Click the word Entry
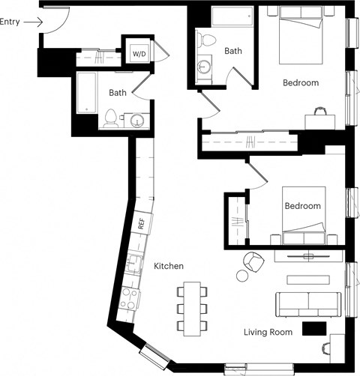(10, 22)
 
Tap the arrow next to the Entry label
(32, 22)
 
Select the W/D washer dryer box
(139, 54)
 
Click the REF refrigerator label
(140, 222)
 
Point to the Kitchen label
(169, 267)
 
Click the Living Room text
(269, 331)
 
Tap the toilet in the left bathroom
(112, 118)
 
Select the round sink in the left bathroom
(136, 120)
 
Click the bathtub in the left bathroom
(85, 94)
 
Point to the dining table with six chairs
(193, 308)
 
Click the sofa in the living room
(308, 303)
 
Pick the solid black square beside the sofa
(313, 328)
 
